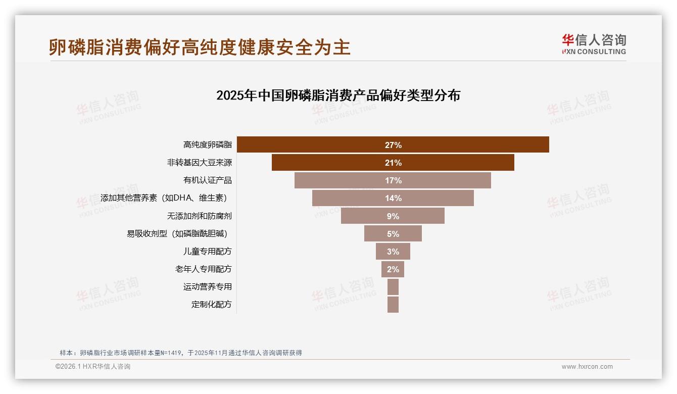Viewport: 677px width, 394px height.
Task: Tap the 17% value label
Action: (393, 180)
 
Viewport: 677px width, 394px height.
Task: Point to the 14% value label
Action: (393, 198)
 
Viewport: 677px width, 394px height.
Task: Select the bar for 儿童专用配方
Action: (393, 251)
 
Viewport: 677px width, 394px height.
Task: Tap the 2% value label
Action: (393, 269)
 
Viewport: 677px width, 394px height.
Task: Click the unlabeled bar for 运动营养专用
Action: (393, 287)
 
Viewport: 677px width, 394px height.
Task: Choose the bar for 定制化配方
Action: (393, 305)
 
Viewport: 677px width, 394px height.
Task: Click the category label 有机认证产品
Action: (207, 180)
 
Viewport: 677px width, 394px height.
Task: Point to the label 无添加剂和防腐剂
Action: (199, 216)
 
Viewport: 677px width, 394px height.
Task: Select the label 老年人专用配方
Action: (203, 269)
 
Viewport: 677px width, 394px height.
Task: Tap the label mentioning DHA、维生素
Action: (166, 198)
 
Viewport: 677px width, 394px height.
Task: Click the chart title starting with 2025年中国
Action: (338, 95)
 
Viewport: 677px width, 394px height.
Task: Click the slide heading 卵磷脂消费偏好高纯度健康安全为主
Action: (200, 47)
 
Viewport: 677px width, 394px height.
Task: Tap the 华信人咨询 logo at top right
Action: (594, 44)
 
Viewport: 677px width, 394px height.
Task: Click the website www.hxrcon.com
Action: (587, 367)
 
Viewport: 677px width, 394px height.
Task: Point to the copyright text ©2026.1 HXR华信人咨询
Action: (93, 367)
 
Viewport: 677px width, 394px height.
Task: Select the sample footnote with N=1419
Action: (180, 353)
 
